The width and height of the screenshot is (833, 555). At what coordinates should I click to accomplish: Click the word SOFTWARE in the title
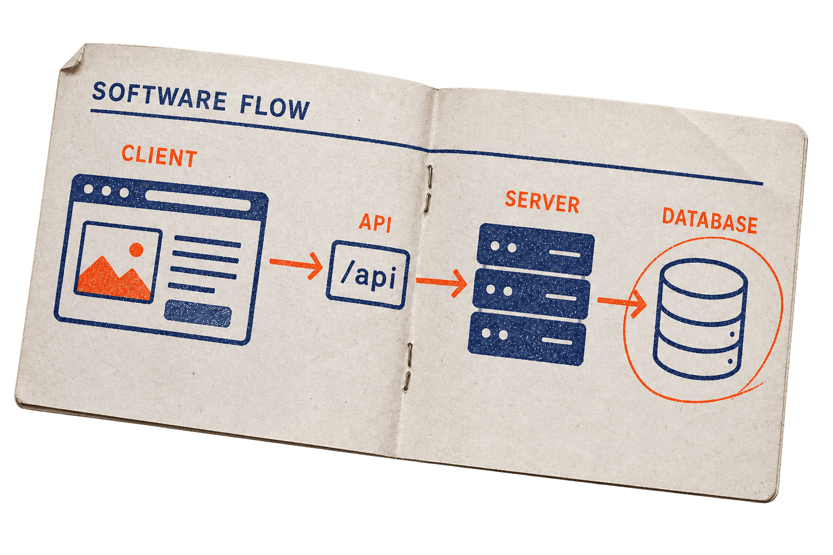159,96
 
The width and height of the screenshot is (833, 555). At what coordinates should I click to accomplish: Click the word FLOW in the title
274,107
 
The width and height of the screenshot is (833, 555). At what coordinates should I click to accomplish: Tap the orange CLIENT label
159,156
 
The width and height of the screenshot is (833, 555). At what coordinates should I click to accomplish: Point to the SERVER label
542,202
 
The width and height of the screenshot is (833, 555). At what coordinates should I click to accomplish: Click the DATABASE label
709,221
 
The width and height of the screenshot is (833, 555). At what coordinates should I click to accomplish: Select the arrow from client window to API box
297,265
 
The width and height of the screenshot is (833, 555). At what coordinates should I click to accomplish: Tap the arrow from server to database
622,302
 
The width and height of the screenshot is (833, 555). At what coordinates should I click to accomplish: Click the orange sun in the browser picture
137,249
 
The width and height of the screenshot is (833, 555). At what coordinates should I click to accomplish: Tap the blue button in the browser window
198,314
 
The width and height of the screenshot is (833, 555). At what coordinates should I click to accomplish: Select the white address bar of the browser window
198,201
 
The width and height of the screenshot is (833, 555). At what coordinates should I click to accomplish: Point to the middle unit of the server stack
531,293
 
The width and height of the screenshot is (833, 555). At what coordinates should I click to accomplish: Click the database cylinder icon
700,319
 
